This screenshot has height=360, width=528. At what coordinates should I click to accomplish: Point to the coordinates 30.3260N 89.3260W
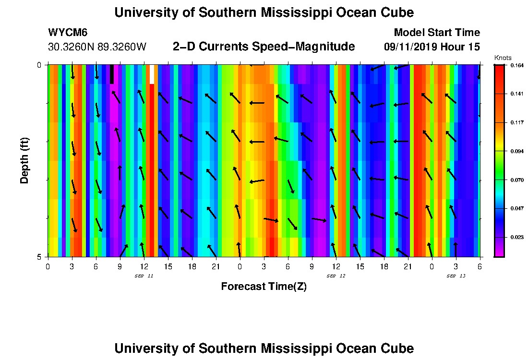pos(97,47)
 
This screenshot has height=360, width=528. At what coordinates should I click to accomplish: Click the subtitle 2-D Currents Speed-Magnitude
pos(264,47)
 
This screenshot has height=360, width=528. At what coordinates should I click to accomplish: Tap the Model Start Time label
pos(436,33)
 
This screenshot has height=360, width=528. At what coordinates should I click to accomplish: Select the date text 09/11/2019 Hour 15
pos(432,47)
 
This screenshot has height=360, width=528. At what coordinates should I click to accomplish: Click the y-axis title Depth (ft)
pos(24,161)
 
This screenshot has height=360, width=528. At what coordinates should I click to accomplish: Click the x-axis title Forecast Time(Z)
pos(264,287)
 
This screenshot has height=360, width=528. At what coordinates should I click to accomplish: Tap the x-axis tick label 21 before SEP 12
pos(216,266)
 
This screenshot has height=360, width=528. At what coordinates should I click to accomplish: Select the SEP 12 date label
pos(336,276)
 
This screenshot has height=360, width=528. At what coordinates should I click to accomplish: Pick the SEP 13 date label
pos(456,276)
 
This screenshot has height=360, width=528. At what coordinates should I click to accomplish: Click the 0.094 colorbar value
pos(516,151)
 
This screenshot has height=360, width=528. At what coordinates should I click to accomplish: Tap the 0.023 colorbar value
pos(516,237)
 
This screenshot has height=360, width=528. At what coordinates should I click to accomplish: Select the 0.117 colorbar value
pos(516,122)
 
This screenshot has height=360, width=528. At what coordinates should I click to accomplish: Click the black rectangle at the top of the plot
pos(112,74)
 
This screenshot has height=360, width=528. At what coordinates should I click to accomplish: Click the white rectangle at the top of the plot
pos(152,74)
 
